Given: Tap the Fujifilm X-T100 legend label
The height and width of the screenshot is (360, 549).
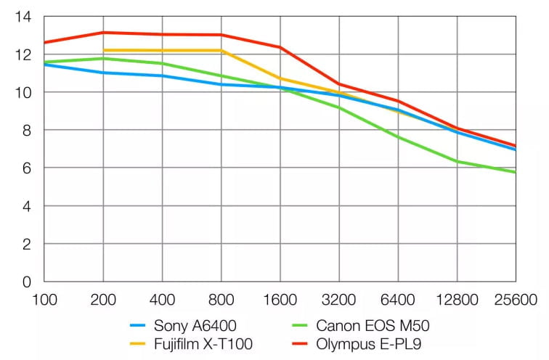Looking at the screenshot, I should (203, 344).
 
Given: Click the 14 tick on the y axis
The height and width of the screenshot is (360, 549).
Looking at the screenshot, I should (23, 17).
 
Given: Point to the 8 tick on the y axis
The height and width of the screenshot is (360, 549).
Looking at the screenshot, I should (26, 131).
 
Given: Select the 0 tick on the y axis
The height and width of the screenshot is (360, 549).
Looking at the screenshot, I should (26, 282).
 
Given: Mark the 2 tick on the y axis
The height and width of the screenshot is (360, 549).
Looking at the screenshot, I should (26, 244).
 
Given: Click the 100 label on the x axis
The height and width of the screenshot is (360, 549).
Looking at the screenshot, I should (44, 298).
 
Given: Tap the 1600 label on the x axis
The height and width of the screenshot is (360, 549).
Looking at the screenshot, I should (280, 298).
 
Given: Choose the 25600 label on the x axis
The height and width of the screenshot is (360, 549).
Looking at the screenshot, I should (516, 298).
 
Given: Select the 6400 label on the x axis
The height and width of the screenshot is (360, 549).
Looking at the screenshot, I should (398, 298).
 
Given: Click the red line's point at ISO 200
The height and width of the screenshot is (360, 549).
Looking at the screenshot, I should (103, 33).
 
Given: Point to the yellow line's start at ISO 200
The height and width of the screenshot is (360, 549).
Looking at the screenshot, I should (103, 50).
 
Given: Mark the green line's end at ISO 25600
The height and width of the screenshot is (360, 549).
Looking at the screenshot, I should (516, 172).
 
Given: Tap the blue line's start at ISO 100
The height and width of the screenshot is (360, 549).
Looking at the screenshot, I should (44, 65).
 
